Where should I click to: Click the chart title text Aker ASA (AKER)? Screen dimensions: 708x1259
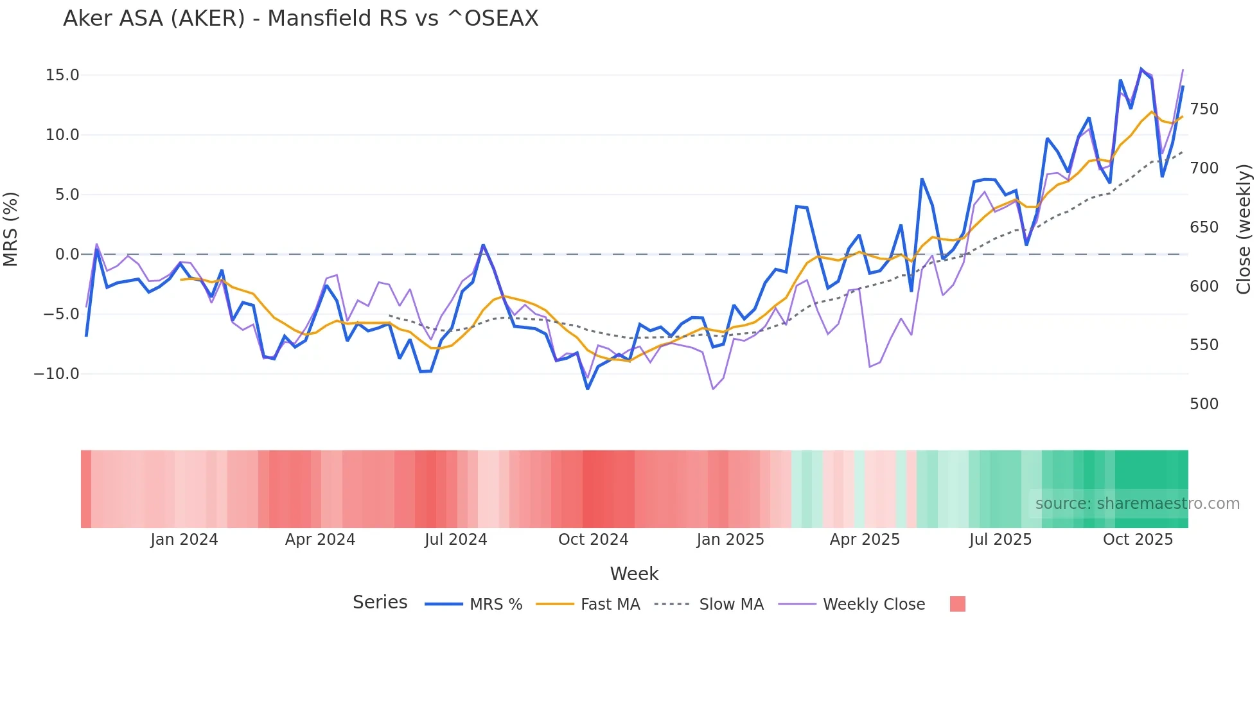(301, 19)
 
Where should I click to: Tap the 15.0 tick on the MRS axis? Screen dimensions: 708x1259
(62, 75)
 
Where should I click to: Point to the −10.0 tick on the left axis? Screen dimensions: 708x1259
(57, 374)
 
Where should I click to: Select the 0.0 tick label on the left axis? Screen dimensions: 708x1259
(67, 254)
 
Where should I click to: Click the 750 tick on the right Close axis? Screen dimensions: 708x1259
(1204, 109)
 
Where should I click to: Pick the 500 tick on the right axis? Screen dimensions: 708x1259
(1204, 404)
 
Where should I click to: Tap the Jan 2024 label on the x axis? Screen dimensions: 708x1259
(184, 540)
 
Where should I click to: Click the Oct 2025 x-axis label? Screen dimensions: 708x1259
(1138, 540)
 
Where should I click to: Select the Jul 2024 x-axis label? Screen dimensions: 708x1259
(455, 540)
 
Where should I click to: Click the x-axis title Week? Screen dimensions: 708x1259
(634, 574)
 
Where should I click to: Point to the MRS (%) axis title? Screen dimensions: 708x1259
(11, 229)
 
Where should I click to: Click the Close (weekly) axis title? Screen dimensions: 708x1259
(1244, 229)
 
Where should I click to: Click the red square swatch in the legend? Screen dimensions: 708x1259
(957, 604)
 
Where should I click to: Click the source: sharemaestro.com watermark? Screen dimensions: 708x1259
(1137, 504)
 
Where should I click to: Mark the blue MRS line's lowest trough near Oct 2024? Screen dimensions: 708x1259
(588, 389)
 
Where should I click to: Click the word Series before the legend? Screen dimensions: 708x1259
(380, 603)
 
